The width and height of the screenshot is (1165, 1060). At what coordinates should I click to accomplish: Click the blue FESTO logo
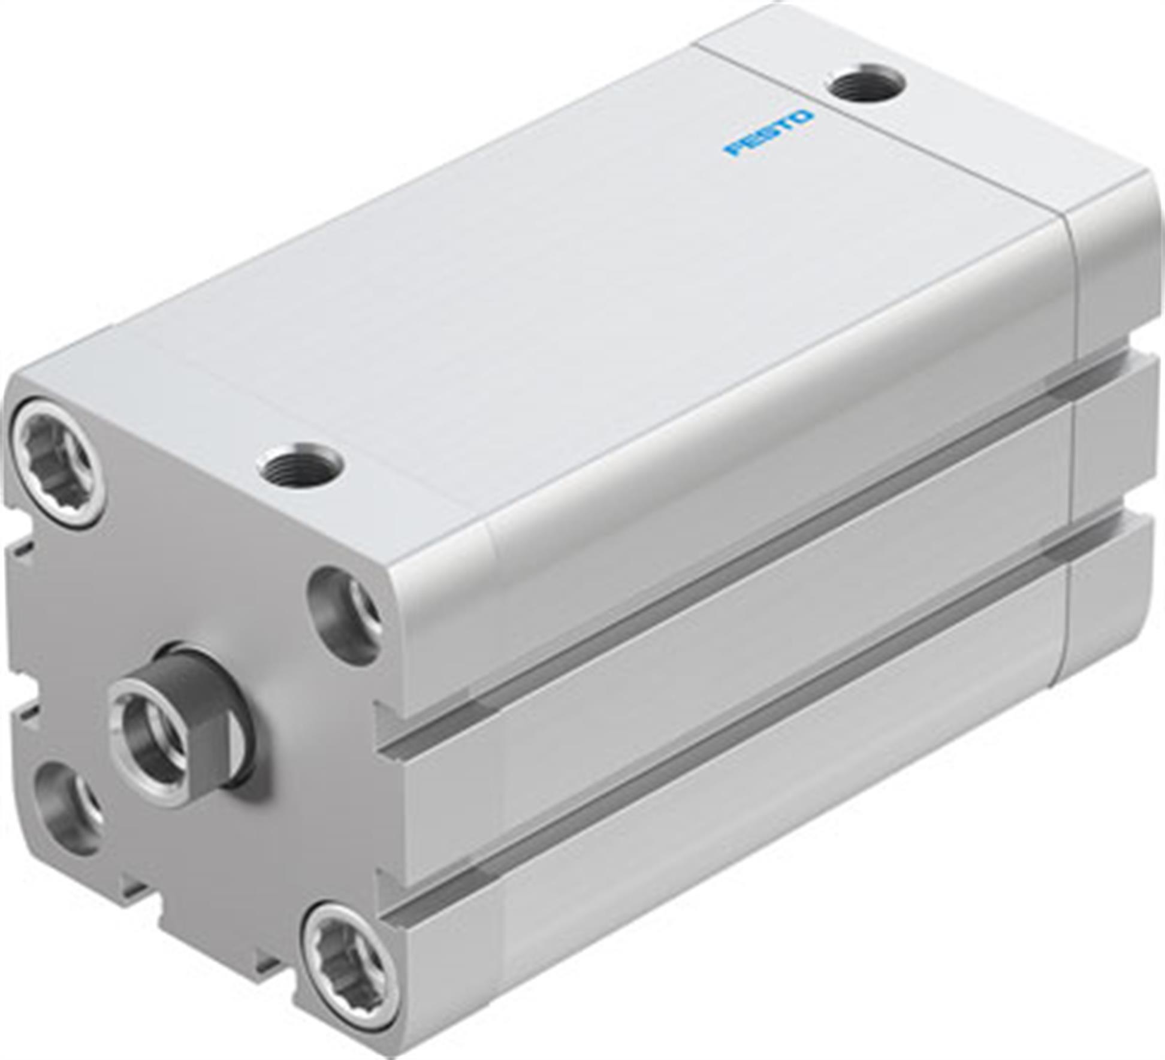[x=768, y=133]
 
